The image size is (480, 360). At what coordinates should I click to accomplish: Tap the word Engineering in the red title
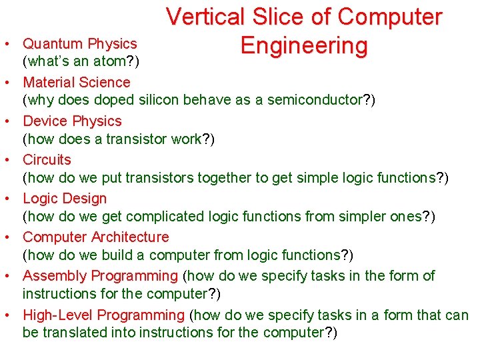304,46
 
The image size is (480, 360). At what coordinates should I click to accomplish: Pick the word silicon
157,101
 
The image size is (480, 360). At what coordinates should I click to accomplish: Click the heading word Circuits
47,160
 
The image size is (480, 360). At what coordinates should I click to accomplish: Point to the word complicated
162,217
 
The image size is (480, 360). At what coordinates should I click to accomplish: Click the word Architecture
130,237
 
